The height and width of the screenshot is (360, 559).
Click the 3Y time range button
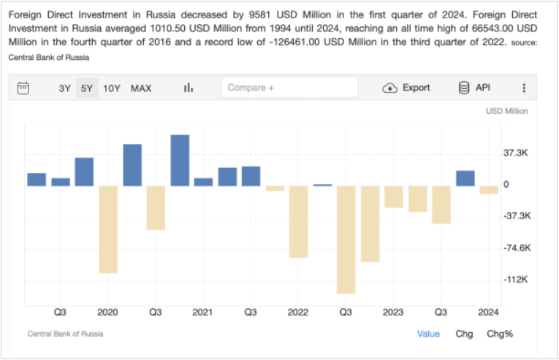(64, 88)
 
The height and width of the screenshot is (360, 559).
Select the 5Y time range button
(87, 88)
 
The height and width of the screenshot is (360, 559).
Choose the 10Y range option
(112, 88)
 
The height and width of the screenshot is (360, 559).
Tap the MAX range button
(141, 88)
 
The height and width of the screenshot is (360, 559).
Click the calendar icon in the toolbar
(23, 88)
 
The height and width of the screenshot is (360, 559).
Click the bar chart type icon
(189, 88)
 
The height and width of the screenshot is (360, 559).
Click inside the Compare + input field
(289, 88)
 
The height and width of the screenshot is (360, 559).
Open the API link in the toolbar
(474, 88)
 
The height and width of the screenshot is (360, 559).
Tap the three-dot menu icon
(524, 88)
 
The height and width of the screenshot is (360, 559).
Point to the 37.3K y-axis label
(515, 153)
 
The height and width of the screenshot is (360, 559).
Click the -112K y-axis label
(515, 280)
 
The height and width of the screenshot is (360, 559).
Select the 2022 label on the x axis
(298, 313)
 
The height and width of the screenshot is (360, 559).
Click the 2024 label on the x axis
(488, 313)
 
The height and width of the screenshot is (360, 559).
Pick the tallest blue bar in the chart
(180, 161)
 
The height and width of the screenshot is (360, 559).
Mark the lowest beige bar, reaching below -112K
(346, 240)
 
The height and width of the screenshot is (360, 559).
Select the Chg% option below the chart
(500, 334)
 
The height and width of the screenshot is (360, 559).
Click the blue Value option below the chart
(428, 334)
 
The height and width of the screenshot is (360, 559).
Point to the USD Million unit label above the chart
(506, 111)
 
